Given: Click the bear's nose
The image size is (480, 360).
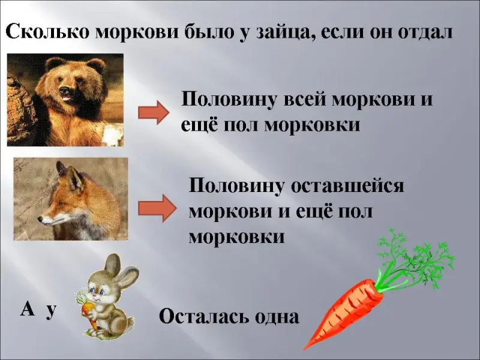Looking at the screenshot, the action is [x=64, y=92].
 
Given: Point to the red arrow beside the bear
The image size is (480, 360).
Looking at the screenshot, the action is [x=154, y=113].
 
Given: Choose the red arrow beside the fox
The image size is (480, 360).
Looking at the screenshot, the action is [x=157, y=208].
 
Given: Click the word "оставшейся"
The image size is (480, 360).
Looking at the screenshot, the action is [x=347, y=187].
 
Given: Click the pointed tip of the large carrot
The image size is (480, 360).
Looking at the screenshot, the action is [x=304, y=349].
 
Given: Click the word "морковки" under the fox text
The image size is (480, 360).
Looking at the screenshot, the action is [x=236, y=237].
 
